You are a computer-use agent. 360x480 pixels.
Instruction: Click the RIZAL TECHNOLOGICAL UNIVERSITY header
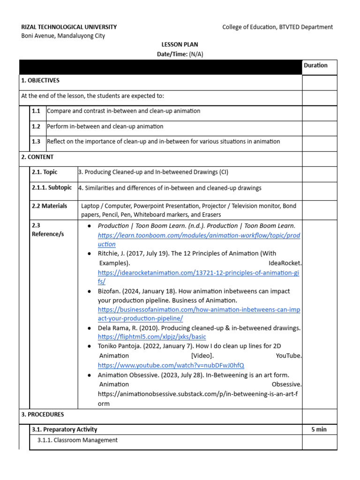pyautogui.click(x=69, y=27)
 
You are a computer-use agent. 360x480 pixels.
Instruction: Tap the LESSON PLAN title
pyautogui.click(x=180, y=45)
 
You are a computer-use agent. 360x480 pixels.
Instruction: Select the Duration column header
pyautogui.click(x=315, y=65)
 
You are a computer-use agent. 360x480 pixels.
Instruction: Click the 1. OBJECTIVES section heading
pyautogui.click(x=40, y=81)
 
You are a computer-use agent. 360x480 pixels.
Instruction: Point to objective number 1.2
pyautogui.click(x=36, y=127)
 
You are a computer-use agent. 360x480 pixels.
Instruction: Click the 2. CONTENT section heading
pyautogui.click(x=37, y=157)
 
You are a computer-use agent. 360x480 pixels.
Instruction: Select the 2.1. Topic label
pyautogui.click(x=45, y=172)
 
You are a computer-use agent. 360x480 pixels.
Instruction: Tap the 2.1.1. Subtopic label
pyautogui.click(x=52, y=187)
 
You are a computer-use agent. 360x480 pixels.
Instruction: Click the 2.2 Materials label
pyautogui.click(x=49, y=206)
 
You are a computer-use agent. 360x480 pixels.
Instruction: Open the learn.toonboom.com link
pyautogui.click(x=199, y=235)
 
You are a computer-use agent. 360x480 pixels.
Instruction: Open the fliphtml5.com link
pyautogui.click(x=152, y=337)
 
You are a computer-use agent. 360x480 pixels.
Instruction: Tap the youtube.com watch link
pyautogui.click(x=171, y=365)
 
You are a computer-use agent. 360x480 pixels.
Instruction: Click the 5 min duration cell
pyautogui.click(x=319, y=429)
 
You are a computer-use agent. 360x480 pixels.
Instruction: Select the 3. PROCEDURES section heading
pyautogui.click(x=43, y=414)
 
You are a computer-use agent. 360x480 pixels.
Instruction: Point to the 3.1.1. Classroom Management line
pyautogui.click(x=77, y=440)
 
